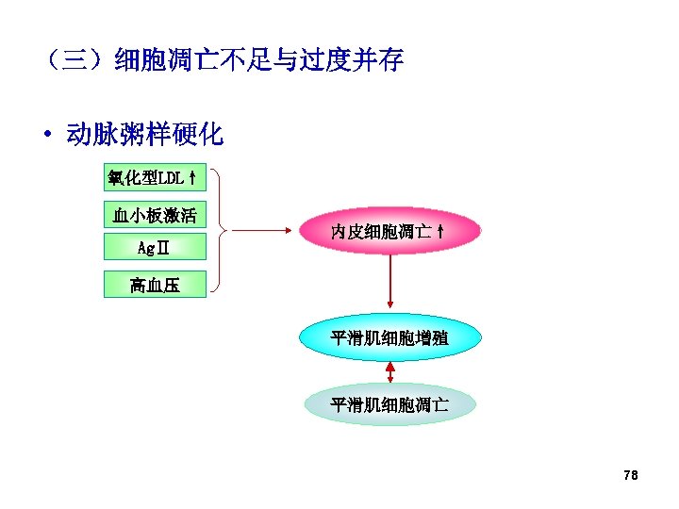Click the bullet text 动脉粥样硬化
tap(144, 135)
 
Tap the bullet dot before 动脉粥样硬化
tap(47, 136)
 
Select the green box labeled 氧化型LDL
tap(152, 178)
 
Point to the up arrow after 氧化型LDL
tap(192, 178)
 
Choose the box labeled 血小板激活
tap(154, 216)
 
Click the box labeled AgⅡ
tap(153, 248)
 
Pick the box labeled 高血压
tap(155, 285)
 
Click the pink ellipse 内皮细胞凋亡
tap(390, 232)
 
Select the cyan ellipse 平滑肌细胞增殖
tap(389, 337)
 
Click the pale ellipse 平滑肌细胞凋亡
tap(389, 405)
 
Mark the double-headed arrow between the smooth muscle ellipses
tap(390, 371)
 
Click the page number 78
tap(631, 476)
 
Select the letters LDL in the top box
tap(173, 178)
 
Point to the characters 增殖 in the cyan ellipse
tap(433, 337)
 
